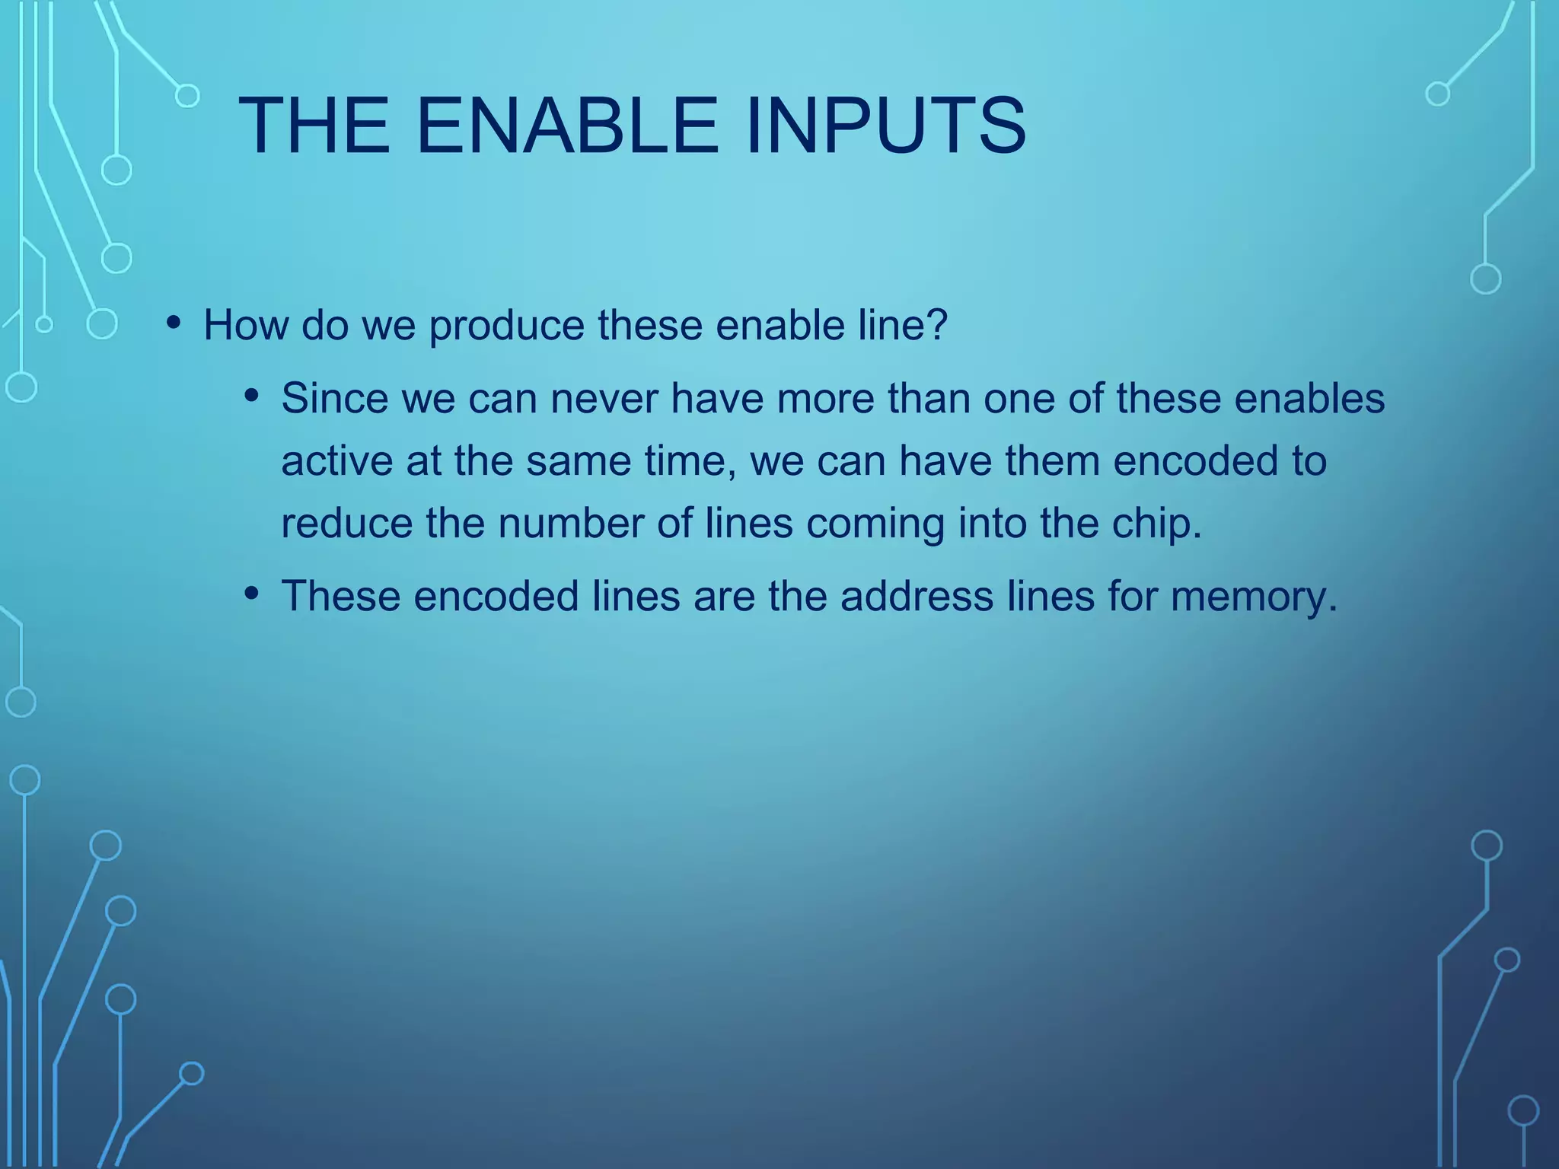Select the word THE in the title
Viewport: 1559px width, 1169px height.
coord(314,126)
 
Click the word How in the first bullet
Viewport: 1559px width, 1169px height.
coord(245,325)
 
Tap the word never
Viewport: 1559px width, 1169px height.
coord(604,400)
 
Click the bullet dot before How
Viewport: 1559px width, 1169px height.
coord(174,323)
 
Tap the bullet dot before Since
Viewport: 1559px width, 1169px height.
coord(252,397)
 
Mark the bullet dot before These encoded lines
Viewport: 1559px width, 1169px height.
coord(252,593)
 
